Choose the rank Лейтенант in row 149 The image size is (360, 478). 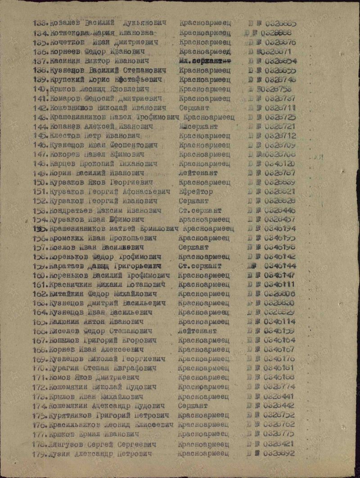[x=198, y=173]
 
